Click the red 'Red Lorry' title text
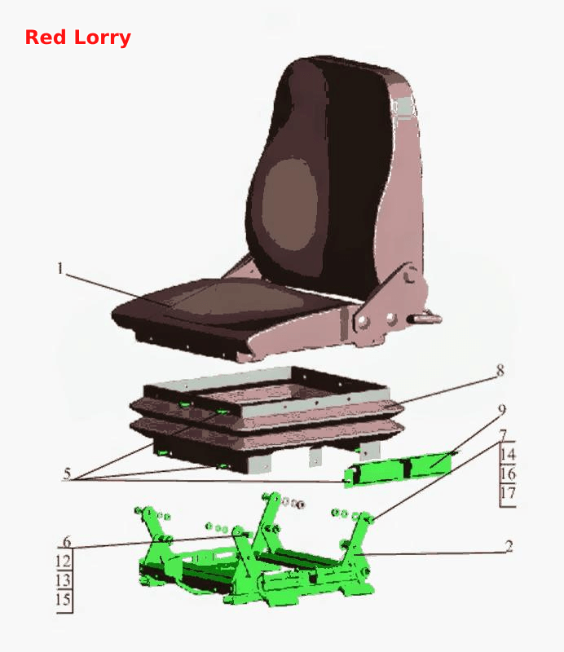(77, 37)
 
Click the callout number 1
(61, 268)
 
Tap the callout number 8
(500, 370)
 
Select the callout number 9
(502, 410)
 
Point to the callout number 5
(67, 474)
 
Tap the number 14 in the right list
(508, 454)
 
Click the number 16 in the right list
(508, 474)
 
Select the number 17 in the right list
(508, 493)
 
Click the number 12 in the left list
(64, 562)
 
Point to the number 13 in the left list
(64, 580)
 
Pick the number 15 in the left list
(64, 600)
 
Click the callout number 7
(503, 435)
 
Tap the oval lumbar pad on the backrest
(290, 205)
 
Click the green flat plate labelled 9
(398, 469)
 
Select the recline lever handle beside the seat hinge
(425, 319)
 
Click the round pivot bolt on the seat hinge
(410, 275)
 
